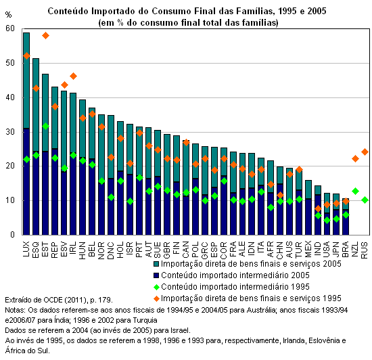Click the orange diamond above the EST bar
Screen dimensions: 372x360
(45, 36)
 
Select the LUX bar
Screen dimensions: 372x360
(26, 134)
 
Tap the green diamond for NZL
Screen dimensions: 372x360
(355, 191)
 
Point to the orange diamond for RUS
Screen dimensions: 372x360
(365, 152)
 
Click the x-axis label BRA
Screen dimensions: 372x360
(346, 249)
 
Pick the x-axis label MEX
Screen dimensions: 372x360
(308, 249)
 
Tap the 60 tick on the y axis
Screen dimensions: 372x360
(10, 28)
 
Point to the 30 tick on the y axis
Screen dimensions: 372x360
(10, 132)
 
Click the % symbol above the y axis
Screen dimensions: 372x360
(8, 15)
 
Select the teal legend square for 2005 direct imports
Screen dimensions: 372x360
(156, 264)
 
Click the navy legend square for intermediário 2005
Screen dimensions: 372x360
(156, 275)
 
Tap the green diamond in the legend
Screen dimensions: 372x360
(156, 287)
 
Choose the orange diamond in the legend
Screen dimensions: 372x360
(156, 298)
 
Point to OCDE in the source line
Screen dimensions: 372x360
(52, 300)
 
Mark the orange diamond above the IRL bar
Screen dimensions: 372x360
(73, 76)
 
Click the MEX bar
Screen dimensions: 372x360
(308, 208)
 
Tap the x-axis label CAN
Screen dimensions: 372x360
(185, 250)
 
